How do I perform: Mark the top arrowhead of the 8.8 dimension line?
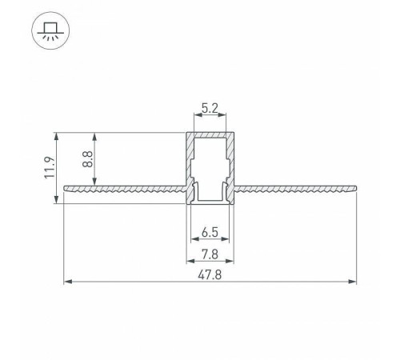(96, 134)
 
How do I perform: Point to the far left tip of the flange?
(63, 189)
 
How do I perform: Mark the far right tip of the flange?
(354, 189)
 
